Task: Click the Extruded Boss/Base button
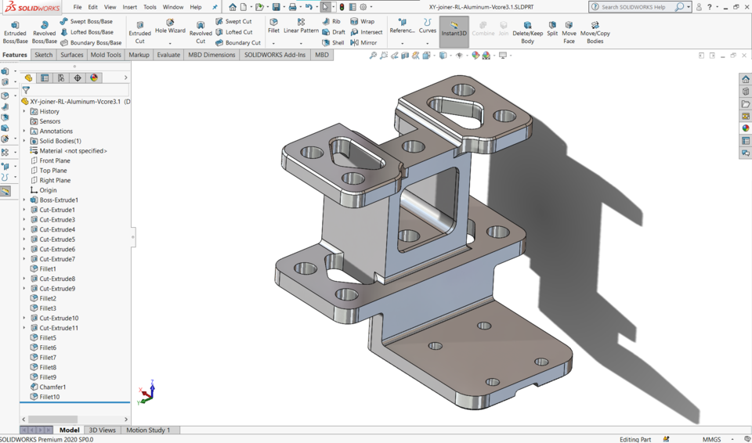[x=15, y=31]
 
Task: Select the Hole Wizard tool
[x=170, y=27]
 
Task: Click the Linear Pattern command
[x=301, y=27]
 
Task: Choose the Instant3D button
[x=454, y=30]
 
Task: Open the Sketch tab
[x=44, y=55]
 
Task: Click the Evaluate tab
[x=168, y=55]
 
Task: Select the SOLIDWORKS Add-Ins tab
[x=275, y=55]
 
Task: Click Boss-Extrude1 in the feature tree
[x=59, y=200]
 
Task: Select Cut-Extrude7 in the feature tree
[x=57, y=259]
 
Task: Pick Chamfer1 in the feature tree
[x=52, y=387]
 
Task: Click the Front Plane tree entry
[x=55, y=160]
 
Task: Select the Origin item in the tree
[x=48, y=190]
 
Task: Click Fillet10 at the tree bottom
[x=49, y=397]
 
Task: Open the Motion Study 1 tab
[x=148, y=430]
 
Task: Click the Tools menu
[x=150, y=7]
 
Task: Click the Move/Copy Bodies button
[x=595, y=31]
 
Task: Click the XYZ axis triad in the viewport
[x=146, y=392]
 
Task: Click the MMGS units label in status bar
[x=711, y=439]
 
